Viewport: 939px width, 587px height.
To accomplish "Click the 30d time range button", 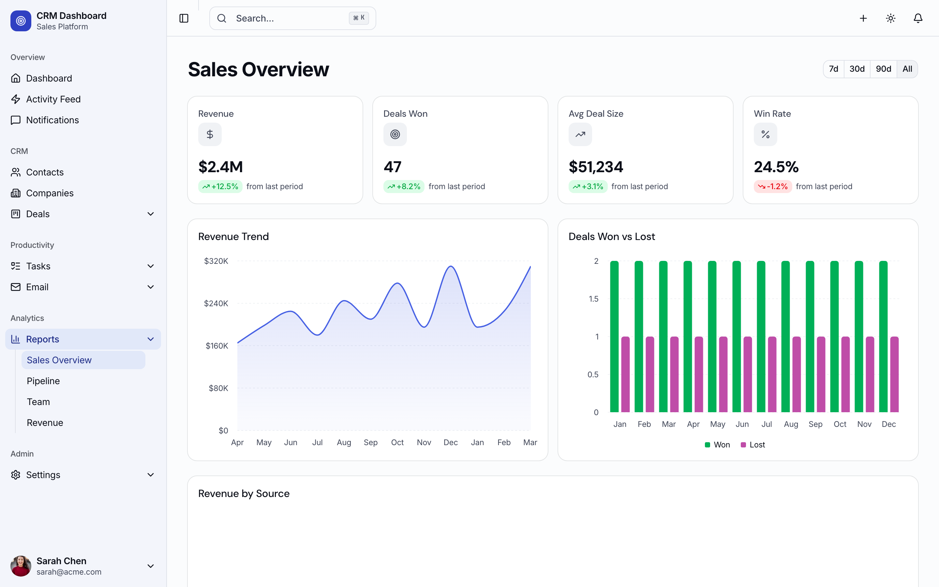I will tap(857, 69).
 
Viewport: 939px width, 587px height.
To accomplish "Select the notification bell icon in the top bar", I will tap(918, 18).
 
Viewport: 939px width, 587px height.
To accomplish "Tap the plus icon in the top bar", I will tap(863, 18).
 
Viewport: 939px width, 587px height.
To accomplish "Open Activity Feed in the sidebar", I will tap(53, 99).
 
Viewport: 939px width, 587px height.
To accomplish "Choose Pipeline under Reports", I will tap(43, 381).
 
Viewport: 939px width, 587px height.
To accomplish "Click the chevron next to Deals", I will tap(151, 214).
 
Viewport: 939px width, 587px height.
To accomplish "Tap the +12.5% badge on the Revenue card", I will tap(220, 187).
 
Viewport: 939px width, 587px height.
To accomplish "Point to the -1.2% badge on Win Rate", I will tap(772, 187).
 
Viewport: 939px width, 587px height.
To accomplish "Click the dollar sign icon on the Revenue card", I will tap(210, 134).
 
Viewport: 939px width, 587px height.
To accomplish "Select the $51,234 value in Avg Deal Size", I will tap(596, 167).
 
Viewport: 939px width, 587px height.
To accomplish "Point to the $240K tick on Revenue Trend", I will tap(216, 303).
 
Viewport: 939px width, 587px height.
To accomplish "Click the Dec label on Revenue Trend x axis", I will tap(451, 443).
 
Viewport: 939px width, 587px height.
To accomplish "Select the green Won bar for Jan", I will tap(614, 336).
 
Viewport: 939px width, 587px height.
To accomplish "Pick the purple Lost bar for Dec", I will tap(894, 374).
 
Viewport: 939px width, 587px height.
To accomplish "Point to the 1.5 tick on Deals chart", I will tap(593, 299).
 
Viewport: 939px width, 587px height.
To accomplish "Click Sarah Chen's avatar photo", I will tap(21, 566).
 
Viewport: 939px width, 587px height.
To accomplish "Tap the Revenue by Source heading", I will tap(244, 493).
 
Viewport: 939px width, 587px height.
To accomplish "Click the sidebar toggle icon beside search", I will tap(184, 18).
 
